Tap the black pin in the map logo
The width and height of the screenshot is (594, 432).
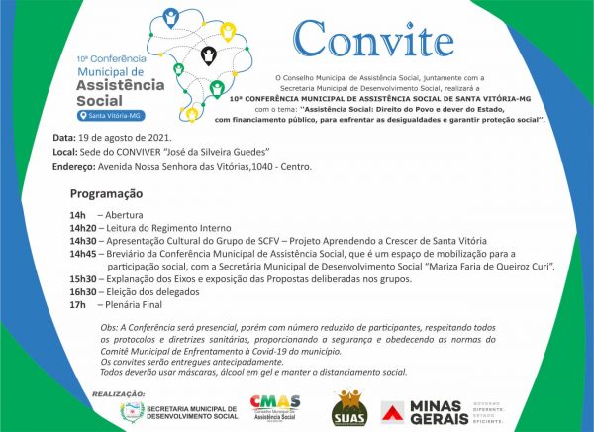point(208,55)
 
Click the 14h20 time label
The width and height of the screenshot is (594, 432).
point(83,227)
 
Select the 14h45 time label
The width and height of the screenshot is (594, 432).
point(83,254)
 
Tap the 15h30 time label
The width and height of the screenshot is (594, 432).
point(83,280)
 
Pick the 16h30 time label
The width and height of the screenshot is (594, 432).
point(83,293)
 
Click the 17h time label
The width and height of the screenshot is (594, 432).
point(78,306)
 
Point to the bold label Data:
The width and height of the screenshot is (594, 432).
point(63,137)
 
